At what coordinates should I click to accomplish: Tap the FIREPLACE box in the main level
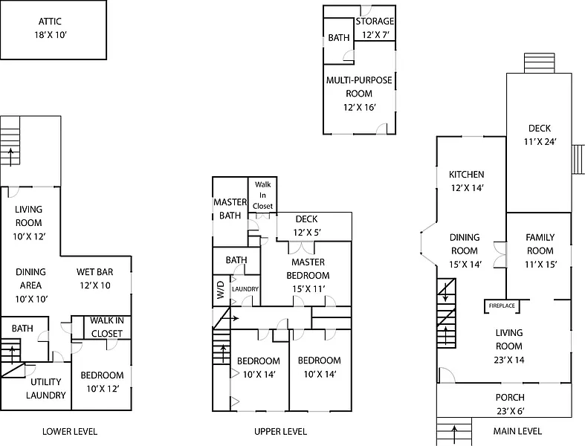(501, 306)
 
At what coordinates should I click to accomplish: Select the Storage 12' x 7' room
(375, 28)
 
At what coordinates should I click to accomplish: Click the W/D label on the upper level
(221, 288)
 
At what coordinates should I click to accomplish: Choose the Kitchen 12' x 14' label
(466, 181)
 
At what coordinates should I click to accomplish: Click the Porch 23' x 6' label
(510, 404)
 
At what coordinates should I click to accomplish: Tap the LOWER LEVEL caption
(70, 431)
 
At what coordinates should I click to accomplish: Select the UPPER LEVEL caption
(280, 431)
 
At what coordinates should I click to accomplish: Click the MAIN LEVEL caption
(517, 431)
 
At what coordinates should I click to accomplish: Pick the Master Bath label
(230, 209)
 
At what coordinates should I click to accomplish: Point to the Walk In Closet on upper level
(262, 195)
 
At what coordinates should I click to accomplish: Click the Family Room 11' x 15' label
(540, 244)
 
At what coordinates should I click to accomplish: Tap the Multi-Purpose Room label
(359, 93)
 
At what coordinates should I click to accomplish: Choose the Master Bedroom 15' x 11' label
(308, 275)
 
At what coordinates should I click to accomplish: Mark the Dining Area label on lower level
(30, 279)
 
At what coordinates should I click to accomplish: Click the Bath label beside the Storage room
(339, 37)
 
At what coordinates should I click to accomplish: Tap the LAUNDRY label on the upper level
(245, 288)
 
